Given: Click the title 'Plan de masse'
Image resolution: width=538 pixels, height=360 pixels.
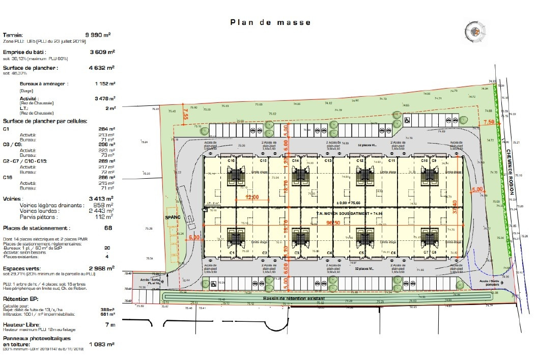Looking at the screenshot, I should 270,22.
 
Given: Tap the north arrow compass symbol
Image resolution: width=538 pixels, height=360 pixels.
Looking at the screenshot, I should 476,33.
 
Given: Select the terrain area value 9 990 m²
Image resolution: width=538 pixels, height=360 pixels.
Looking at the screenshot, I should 100,35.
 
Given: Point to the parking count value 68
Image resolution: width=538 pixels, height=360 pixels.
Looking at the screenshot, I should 108,228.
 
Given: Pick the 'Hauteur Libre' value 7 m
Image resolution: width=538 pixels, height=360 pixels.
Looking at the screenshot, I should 109,324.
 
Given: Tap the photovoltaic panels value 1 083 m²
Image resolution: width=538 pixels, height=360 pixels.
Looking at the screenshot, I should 102,344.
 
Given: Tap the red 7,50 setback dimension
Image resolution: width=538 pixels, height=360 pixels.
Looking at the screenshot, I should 489,122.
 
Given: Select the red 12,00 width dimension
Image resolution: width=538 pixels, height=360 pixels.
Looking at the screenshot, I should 252,197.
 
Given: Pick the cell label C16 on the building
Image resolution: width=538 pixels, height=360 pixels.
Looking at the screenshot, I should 232,161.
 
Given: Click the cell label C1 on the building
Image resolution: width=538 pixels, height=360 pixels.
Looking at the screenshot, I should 232,253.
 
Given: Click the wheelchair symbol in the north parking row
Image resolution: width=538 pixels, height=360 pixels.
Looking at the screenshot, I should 407,121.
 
